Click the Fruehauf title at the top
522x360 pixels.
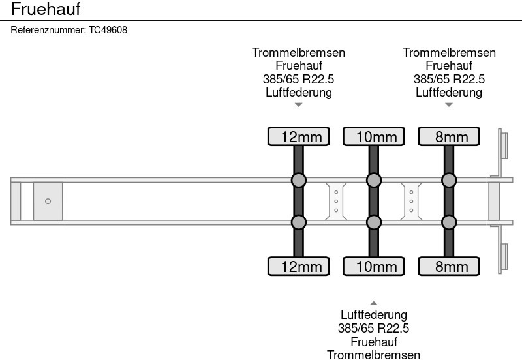click(46, 10)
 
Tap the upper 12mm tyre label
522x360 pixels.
click(299, 136)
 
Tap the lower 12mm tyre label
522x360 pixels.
click(299, 266)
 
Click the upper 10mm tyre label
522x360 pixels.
click(374, 136)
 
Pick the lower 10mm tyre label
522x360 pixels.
click(374, 266)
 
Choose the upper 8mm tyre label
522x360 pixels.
click(449, 136)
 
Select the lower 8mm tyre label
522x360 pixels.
click(449, 266)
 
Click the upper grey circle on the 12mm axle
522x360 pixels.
click(299, 180)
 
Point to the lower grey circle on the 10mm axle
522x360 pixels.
click(374, 222)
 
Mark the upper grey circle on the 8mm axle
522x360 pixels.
click(449, 180)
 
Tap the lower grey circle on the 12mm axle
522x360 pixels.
click(299, 222)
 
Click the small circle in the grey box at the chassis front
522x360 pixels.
click(48, 202)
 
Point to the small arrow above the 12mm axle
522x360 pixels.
click(299, 104)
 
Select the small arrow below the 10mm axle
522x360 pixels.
click(374, 303)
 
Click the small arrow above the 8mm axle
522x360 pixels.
click(449, 104)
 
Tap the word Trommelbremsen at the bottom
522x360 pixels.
click(374, 355)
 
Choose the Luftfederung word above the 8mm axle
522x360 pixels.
click(449, 92)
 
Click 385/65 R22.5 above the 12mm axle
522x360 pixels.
click(299, 79)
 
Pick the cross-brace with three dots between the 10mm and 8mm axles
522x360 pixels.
click(412, 201)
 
